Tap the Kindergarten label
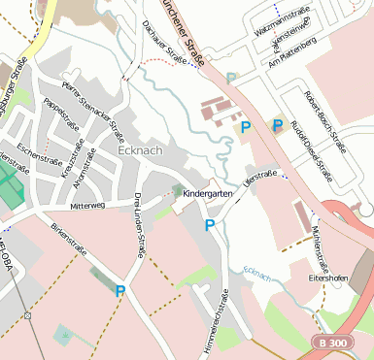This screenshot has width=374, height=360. pyautogui.click(x=208, y=194)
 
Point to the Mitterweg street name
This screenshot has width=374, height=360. pyautogui.click(x=87, y=206)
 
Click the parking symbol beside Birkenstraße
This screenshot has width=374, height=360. pyautogui.click(x=120, y=290)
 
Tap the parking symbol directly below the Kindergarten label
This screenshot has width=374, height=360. pyautogui.click(x=210, y=226)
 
